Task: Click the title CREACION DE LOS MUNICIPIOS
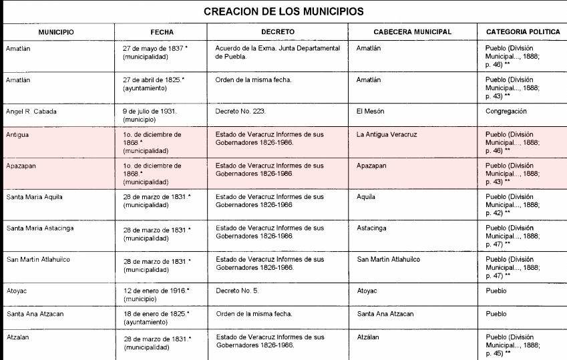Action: click(x=283, y=11)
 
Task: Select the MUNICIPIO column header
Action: click(x=56, y=32)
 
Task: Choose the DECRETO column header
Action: click(x=278, y=32)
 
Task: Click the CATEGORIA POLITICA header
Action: click(x=519, y=32)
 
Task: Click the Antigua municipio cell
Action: click(x=17, y=135)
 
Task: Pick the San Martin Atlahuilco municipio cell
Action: click(x=38, y=259)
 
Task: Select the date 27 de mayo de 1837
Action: click(x=154, y=49)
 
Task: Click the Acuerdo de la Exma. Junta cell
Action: click(x=278, y=53)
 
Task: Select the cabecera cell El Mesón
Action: click(x=370, y=112)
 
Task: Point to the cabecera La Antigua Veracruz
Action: click(x=387, y=135)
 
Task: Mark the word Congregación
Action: click(x=506, y=112)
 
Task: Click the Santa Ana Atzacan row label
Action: click(x=34, y=314)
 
